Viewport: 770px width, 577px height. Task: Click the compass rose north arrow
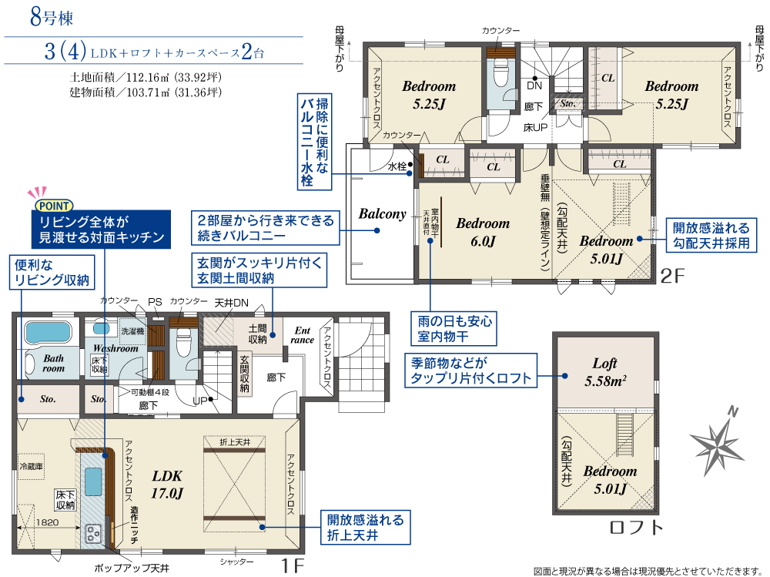[716, 441]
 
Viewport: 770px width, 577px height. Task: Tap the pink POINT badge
[54, 206]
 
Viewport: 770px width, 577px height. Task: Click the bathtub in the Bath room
[49, 334]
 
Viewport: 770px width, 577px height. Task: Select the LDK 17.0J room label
[167, 484]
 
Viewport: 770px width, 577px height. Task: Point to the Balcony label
[382, 214]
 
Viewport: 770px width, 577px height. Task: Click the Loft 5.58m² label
[605, 372]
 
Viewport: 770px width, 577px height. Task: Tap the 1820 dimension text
[47, 522]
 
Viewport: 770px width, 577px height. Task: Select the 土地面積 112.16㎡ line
[146, 77]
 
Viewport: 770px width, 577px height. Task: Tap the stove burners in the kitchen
[93, 534]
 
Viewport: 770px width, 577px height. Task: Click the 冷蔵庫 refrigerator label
[32, 466]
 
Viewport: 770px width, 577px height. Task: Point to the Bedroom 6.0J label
[483, 232]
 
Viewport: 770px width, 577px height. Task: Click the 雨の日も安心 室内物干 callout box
[454, 329]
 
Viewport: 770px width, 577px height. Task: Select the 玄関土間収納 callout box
[259, 270]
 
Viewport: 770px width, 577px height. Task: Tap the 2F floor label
[671, 277]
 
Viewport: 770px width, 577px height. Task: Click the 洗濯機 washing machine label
[133, 331]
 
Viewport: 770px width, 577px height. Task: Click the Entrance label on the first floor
[302, 335]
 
